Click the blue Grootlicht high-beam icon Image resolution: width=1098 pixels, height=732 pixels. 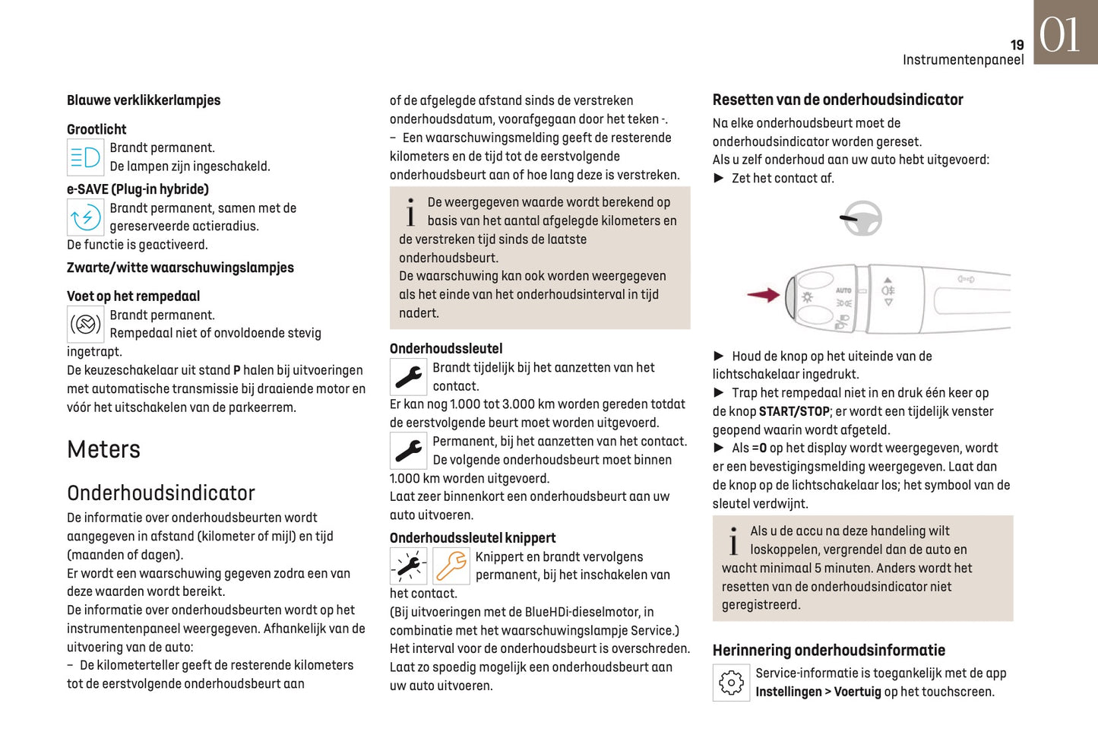(85, 157)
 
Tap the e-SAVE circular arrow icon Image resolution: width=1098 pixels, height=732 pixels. (85, 217)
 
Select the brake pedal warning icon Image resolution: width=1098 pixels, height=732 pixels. (85, 325)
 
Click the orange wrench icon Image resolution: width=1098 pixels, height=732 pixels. (451, 566)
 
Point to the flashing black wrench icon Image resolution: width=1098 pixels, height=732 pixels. (408, 566)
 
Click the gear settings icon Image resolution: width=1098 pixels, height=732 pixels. (731, 683)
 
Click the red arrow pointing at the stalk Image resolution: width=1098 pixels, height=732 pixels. (763, 295)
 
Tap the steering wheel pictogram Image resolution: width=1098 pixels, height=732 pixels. (862, 219)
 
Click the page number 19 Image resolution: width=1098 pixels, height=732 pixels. (1017, 45)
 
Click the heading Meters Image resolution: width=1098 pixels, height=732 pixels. (104, 449)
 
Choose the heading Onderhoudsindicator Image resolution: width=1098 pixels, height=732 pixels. (161, 493)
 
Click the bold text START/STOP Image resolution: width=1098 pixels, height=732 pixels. (794, 411)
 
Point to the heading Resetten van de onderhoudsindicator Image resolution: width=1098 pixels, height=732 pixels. (837, 100)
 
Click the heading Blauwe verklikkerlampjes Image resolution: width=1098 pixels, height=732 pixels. (144, 100)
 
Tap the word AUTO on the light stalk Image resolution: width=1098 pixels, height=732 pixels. (843, 290)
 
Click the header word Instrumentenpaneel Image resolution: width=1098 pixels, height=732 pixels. (963, 60)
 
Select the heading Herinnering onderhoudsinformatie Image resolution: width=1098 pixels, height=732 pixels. (828, 650)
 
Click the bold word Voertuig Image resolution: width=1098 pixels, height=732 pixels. (857, 692)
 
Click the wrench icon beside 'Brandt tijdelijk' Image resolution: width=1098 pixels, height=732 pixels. (408, 377)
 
